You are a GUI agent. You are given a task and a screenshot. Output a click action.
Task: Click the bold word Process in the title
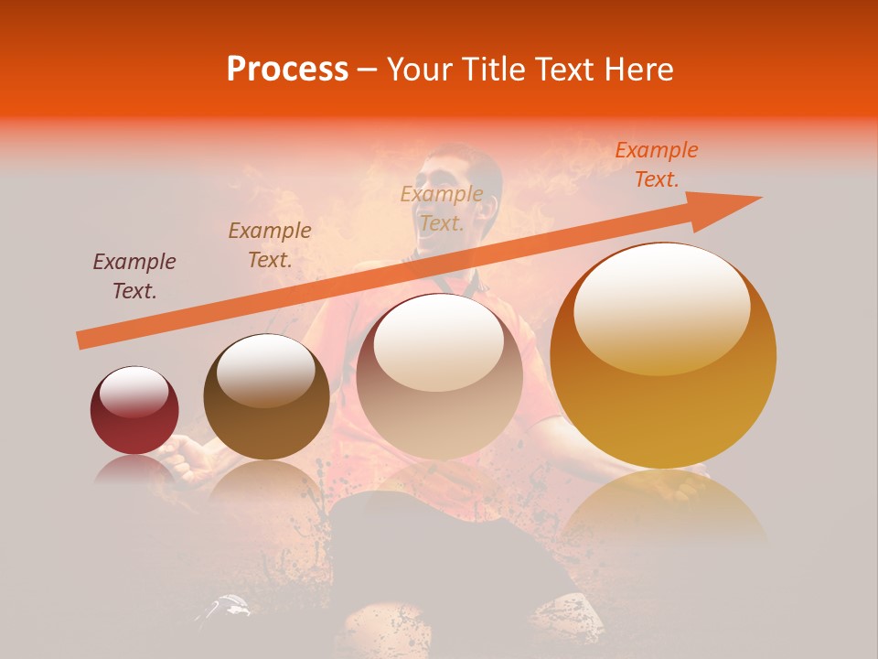(287, 70)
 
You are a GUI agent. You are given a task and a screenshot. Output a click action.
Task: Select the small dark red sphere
(134, 410)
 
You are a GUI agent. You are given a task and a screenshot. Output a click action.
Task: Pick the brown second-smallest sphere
(266, 396)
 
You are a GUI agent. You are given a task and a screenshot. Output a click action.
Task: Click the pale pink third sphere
(439, 376)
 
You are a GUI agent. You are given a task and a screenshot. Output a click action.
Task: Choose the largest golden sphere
(663, 355)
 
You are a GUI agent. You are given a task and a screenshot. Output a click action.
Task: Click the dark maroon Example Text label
(134, 276)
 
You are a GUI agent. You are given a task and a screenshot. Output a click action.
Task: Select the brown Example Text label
(270, 245)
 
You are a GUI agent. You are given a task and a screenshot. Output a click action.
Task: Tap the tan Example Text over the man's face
(442, 209)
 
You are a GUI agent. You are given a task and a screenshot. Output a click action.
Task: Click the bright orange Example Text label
(656, 165)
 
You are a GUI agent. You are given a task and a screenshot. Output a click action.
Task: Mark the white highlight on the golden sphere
(661, 307)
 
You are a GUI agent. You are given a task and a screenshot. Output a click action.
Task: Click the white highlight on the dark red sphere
(134, 392)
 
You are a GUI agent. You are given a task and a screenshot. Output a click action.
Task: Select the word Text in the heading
(565, 70)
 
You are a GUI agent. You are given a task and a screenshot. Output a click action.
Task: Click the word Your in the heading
(420, 70)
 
